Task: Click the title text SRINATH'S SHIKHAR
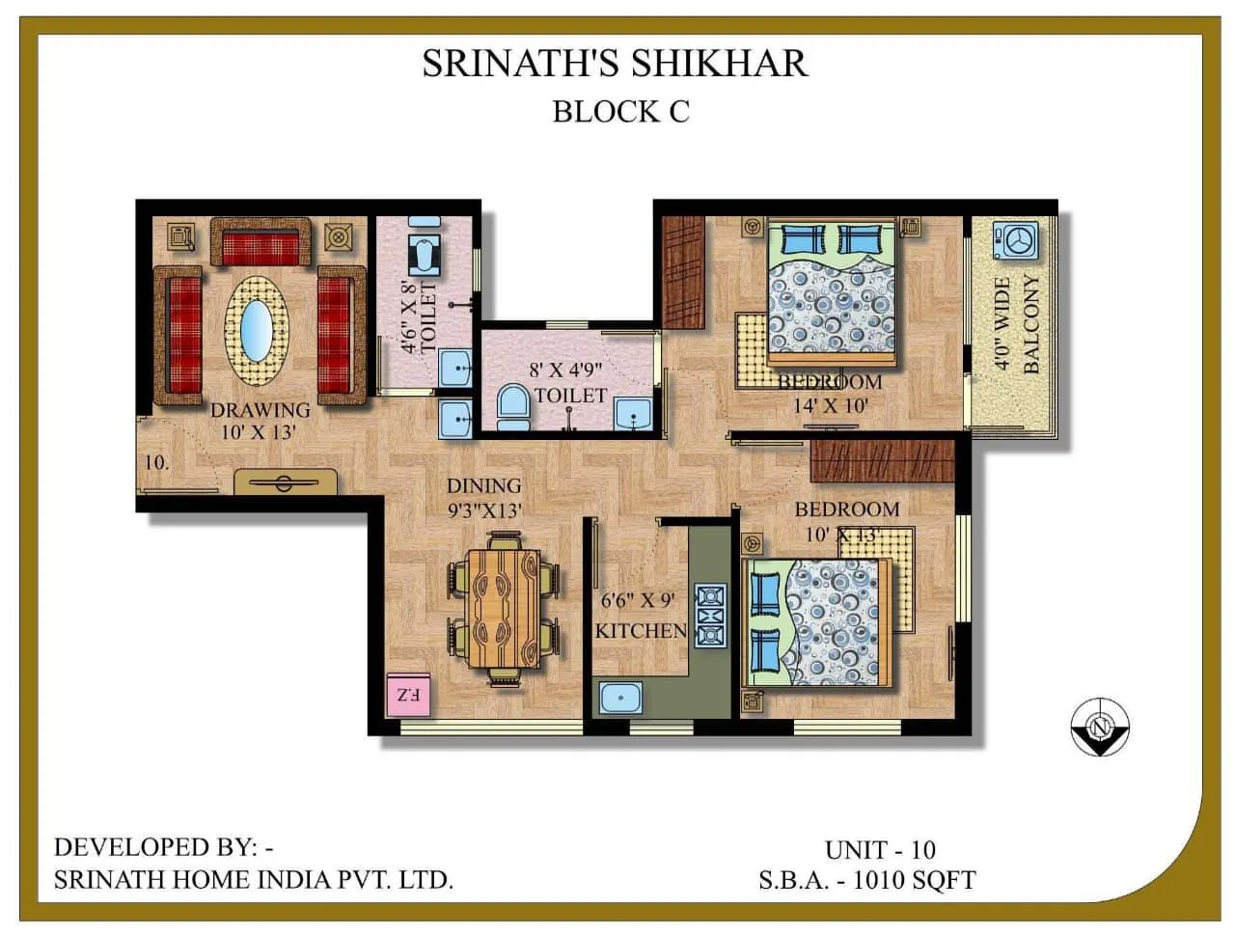615,64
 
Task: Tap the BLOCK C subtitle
620,112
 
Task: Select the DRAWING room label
261,410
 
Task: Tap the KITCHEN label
641,631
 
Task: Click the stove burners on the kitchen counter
710,615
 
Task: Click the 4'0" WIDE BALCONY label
1017,324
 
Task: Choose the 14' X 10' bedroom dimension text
830,405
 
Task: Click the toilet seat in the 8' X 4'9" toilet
512,407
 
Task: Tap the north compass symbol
1099,726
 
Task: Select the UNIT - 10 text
880,849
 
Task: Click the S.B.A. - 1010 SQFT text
866,880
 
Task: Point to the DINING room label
483,486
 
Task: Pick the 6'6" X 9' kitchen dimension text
637,601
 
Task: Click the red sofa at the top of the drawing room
261,245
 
